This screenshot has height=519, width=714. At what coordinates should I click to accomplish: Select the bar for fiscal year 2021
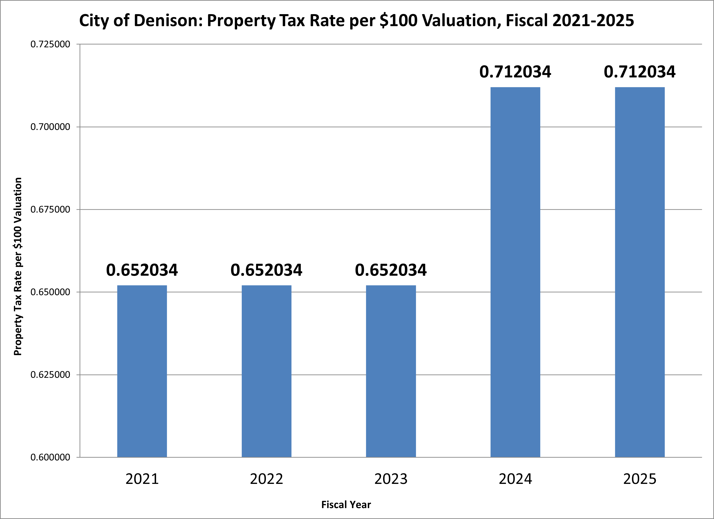point(142,371)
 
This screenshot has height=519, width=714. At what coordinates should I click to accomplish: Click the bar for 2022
point(266,371)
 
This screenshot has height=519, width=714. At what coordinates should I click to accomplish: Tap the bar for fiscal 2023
point(391,371)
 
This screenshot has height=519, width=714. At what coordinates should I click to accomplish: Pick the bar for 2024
point(515,272)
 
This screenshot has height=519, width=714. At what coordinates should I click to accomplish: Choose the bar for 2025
point(640,272)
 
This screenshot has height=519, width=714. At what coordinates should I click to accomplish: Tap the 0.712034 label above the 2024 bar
point(515,72)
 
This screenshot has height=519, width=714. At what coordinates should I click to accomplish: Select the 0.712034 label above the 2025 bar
point(640,72)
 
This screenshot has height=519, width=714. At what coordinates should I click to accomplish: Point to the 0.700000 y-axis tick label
point(50,127)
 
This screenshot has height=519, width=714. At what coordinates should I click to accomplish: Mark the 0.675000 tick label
point(50,210)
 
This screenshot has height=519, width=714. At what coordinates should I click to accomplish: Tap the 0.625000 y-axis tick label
point(50,375)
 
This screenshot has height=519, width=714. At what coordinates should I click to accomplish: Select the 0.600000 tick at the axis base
point(50,457)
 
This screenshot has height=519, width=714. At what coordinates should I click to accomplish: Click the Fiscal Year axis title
point(346,505)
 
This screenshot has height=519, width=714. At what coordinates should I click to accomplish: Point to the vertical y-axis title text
point(18,266)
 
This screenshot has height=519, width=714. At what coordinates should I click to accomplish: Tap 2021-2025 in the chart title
point(593,21)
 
